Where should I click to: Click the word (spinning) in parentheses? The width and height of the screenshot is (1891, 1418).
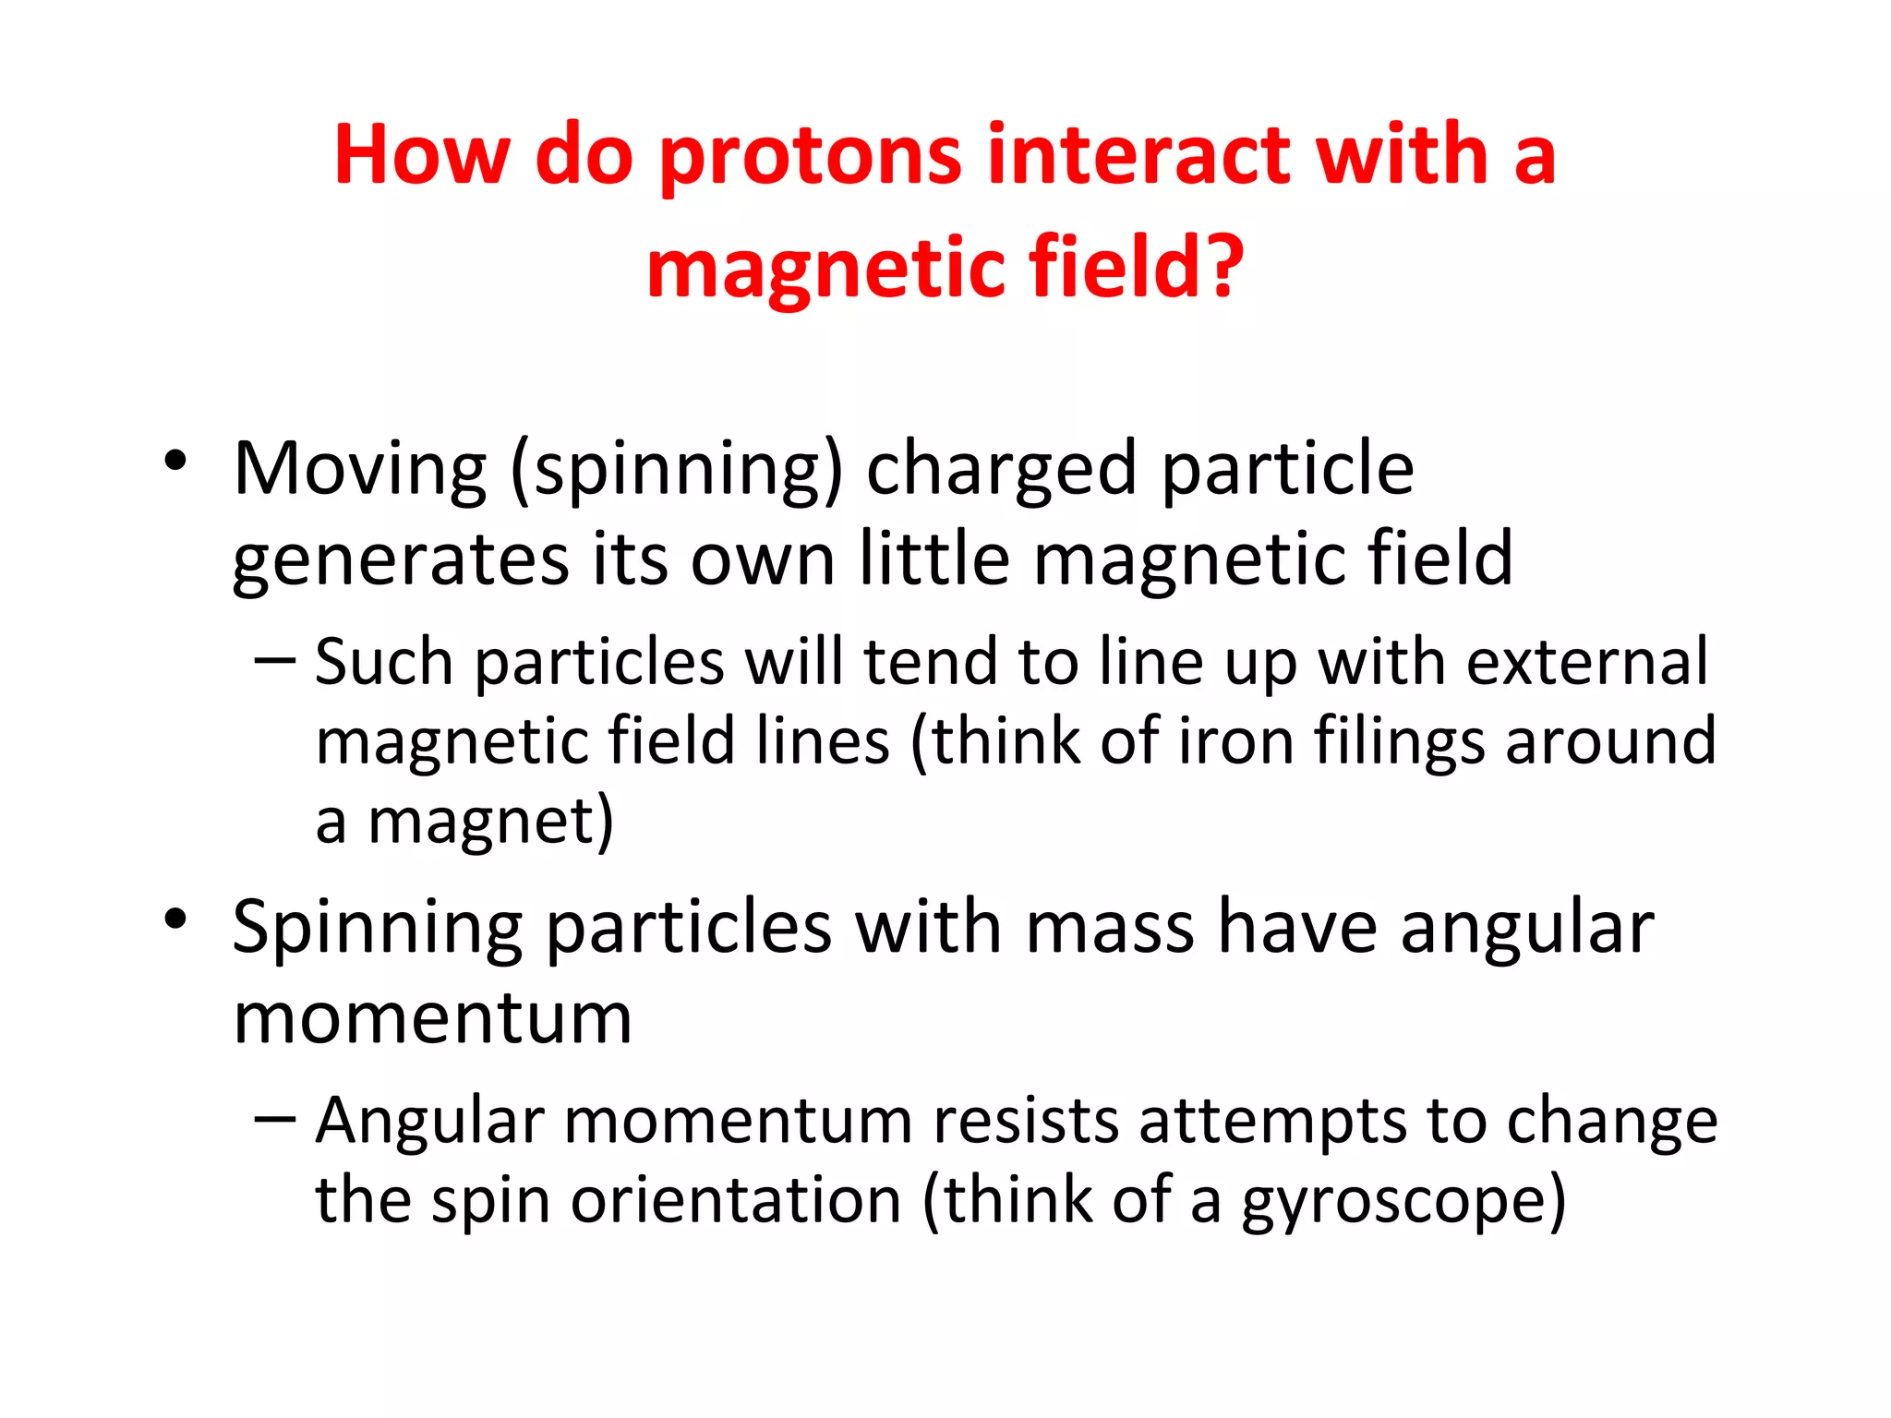point(676,471)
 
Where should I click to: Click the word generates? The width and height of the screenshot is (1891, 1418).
point(401,561)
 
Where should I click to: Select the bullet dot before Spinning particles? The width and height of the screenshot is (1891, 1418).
point(175,919)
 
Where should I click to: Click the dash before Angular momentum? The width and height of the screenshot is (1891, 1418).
point(274,1119)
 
